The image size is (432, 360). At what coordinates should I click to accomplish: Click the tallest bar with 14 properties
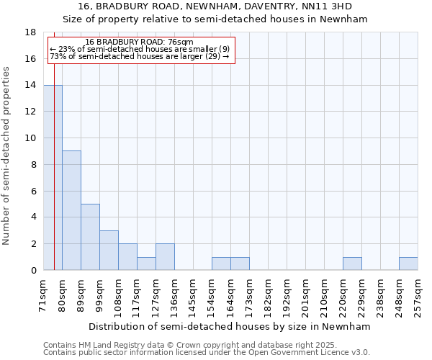pyautogui.click(x=53, y=177)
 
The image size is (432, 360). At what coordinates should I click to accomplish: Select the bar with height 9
pyautogui.click(x=71, y=210)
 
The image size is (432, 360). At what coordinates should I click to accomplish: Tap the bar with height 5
pyautogui.click(x=90, y=237)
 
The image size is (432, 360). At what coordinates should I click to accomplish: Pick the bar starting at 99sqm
pyautogui.click(x=109, y=250)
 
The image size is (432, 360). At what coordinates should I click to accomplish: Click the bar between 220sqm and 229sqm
pyautogui.click(x=352, y=264)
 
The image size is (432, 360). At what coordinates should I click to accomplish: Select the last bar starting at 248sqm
pyautogui.click(x=408, y=264)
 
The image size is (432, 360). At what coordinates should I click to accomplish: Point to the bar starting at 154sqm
pyautogui.click(x=221, y=264)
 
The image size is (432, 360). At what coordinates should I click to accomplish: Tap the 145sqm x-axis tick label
pyautogui.click(x=194, y=295)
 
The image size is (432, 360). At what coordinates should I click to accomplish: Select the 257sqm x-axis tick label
pyautogui.click(x=418, y=295)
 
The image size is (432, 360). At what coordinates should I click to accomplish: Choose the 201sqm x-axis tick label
pyautogui.click(x=306, y=295)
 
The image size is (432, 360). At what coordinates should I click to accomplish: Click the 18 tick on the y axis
pyautogui.click(x=31, y=32)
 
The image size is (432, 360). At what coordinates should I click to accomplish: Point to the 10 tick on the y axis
pyautogui.click(x=31, y=138)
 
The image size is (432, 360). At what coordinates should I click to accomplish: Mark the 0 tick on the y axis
pyautogui.click(x=34, y=271)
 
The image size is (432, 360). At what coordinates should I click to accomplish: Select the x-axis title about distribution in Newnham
pyautogui.click(x=230, y=326)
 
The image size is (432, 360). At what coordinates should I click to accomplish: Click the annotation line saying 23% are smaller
pyautogui.click(x=140, y=49)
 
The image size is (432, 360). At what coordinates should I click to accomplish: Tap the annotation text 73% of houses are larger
pyautogui.click(x=140, y=56)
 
